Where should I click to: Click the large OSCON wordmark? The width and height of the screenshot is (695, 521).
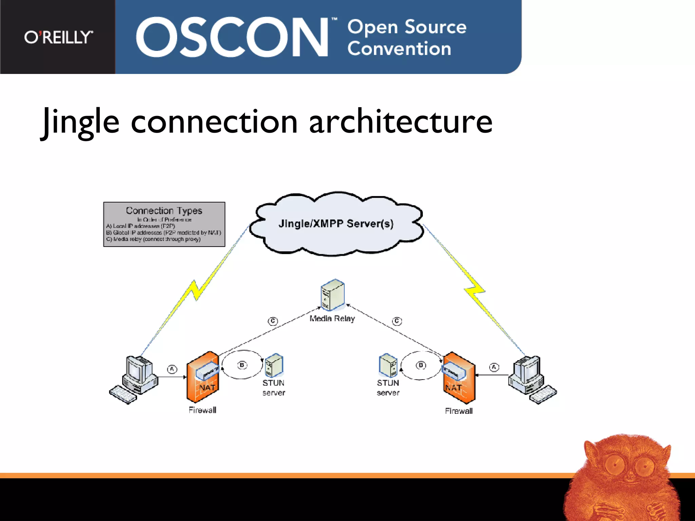(x=232, y=37)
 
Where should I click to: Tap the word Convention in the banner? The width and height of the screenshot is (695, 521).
(x=399, y=49)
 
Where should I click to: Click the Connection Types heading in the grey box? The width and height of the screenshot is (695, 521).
(x=164, y=211)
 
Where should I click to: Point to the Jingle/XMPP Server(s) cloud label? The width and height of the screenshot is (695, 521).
(x=336, y=224)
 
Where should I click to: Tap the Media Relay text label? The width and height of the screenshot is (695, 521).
(x=332, y=319)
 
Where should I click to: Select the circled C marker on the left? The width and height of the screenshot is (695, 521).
(x=273, y=321)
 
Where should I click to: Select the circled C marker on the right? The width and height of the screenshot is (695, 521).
(x=397, y=321)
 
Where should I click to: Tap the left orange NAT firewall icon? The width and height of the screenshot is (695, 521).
(x=203, y=377)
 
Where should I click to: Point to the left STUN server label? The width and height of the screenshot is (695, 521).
(x=274, y=388)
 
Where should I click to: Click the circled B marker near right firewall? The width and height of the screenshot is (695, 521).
(x=421, y=365)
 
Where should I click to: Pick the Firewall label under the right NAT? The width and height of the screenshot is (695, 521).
(x=458, y=411)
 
